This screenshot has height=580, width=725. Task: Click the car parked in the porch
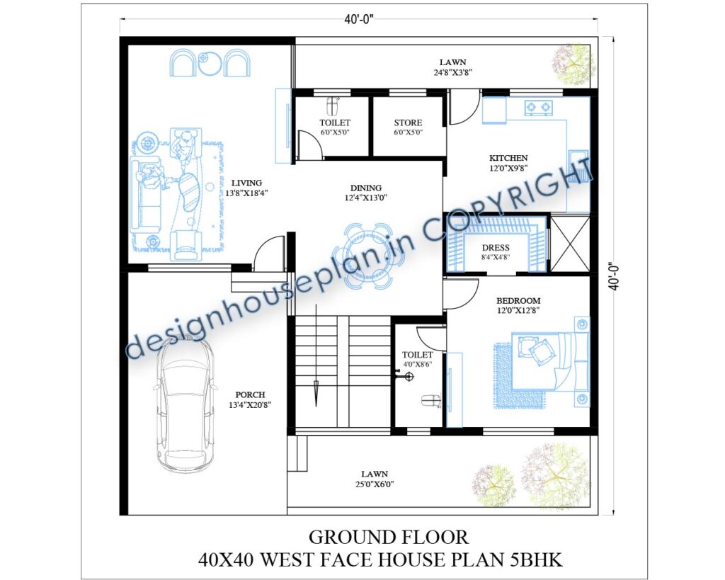(183, 404)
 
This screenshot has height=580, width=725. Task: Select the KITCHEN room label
(508, 158)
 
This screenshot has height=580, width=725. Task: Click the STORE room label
(408, 123)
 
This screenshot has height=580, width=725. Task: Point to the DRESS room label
(496, 248)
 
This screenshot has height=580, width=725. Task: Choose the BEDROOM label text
(518, 301)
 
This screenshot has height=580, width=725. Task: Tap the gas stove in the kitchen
(538, 108)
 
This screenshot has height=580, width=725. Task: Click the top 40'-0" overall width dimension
(360, 20)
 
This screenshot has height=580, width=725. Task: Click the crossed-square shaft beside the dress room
(569, 243)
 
